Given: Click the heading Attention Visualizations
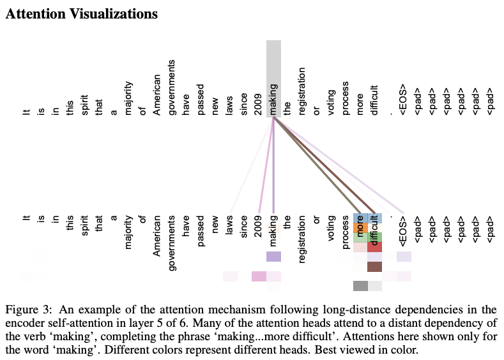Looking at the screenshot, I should pyautogui.click(x=81, y=13).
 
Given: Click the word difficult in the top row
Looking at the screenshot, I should pyautogui.click(x=374, y=100).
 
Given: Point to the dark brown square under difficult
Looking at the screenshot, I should pyautogui.click(x=375, y=267).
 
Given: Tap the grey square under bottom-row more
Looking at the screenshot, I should pyautogui.click(x=360, y=286).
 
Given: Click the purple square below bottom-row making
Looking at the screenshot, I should pyautogui.click(x=273, y=257).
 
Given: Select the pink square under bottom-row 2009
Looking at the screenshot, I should pyautogui.click(x=259, y=276).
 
